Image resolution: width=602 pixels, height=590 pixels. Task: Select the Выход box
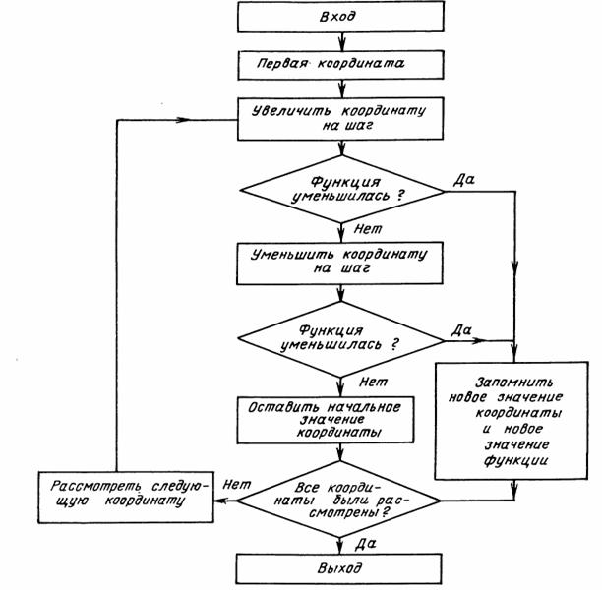(x=339, y=569)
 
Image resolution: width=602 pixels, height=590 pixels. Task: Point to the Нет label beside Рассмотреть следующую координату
(x=233, y=484)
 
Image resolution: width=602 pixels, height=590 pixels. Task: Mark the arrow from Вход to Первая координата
(x=339, y=40)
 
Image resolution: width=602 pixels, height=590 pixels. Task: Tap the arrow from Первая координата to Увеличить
(x=339, y=88)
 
